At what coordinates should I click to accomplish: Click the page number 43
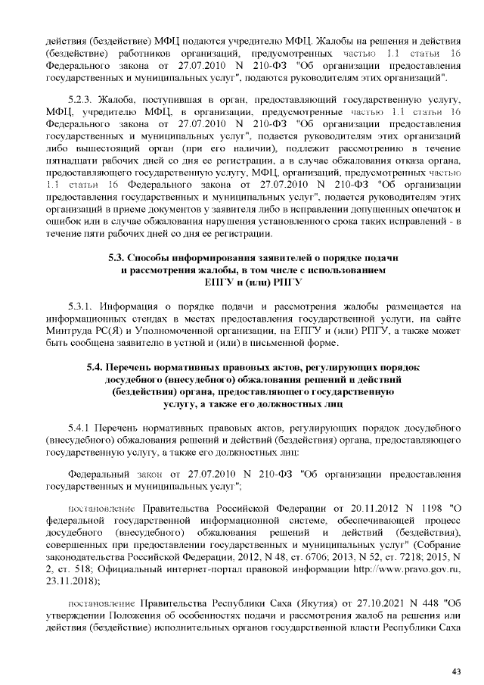pos(456,671)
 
